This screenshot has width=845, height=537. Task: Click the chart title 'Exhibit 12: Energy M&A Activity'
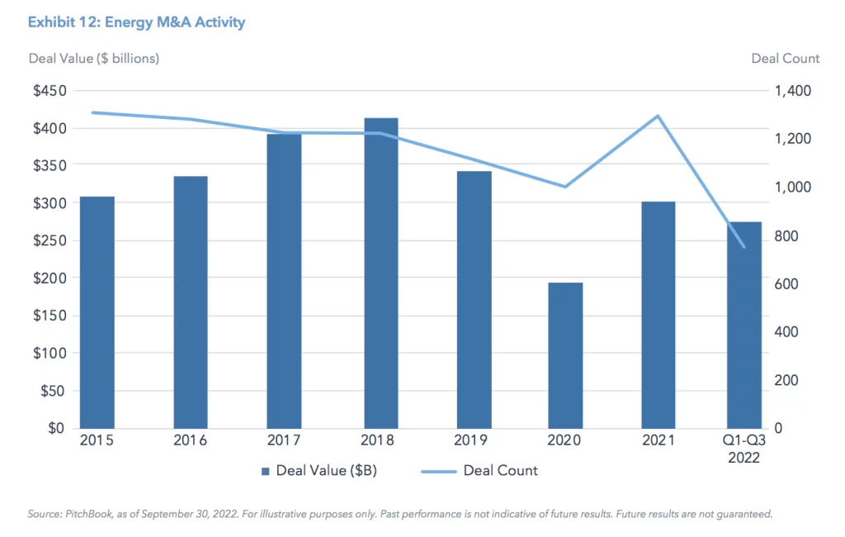point(136,22)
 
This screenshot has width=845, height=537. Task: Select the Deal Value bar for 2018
point(380,273)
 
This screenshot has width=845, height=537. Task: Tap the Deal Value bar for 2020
point(565,355)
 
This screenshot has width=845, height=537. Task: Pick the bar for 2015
point(97,312)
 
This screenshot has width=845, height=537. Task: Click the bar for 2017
point(284,281)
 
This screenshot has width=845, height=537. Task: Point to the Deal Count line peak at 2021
point(657,116)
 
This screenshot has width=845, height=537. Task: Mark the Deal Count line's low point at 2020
point(565,187)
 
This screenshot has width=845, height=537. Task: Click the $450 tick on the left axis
point(50,91)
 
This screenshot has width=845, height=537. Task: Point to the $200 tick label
point(50,278)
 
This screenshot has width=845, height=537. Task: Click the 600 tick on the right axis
point(789,283)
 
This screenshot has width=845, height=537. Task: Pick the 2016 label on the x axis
point(191,440)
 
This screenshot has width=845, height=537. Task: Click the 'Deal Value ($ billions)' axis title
point(93,59)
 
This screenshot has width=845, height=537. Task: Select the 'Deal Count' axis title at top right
point(785,59)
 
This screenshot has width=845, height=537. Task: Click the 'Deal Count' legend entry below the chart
point(500,471)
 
